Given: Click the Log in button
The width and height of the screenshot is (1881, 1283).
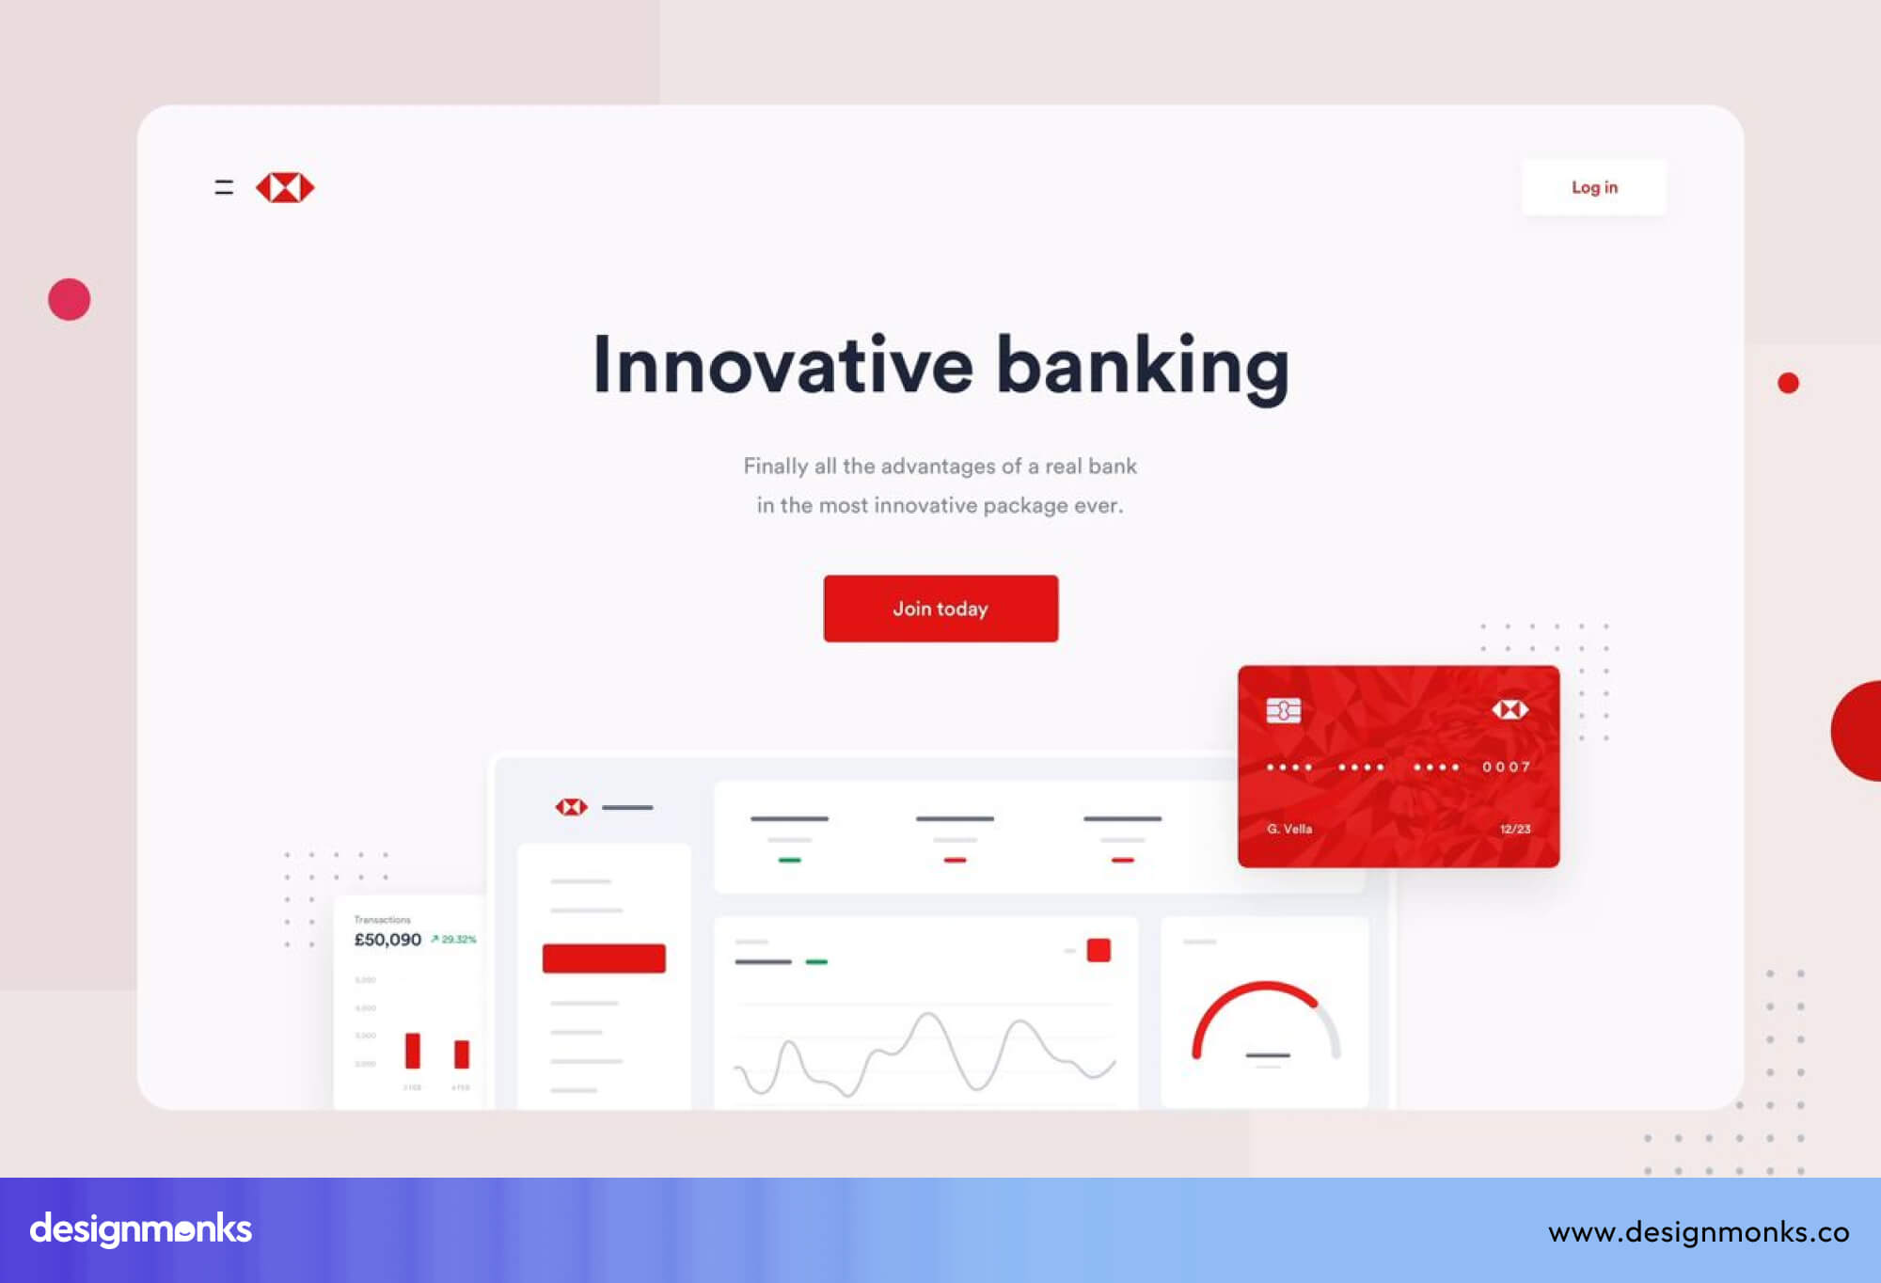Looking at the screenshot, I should point(1593,187).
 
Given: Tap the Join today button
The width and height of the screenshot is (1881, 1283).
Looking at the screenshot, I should point(940,609).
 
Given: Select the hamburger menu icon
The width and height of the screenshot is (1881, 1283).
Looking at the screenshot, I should point(224,187).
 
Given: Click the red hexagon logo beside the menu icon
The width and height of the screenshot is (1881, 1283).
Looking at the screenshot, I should point(285,187).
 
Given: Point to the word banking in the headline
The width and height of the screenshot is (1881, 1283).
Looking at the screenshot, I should point(1142,366).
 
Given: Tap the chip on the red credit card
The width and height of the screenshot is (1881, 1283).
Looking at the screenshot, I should point(1283,710).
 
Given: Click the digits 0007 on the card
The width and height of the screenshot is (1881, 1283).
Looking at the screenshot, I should point(1506,767).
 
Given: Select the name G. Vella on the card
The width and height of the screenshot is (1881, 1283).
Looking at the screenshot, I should point(1288,829).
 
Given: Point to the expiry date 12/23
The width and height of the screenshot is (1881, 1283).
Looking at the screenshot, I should point(1514,829).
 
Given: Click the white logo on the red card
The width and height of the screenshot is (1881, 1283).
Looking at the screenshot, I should point(1510,709).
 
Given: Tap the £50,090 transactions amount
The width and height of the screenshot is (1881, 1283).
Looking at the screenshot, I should point(387,940).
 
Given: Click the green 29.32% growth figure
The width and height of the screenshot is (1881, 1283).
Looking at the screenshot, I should point(455,939).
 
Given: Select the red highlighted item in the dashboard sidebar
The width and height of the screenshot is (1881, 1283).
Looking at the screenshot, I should point(604,958).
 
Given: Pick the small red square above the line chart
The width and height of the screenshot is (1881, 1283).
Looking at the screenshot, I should point(1099,950).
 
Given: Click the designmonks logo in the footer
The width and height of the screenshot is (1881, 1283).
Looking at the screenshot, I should point(141,1229).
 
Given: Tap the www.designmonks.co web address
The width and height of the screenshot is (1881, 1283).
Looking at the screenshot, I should point(1699,1231).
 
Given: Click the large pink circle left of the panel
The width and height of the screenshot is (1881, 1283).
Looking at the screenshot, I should point(70,299).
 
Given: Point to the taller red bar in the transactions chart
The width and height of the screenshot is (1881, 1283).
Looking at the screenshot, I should point(412,1050).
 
